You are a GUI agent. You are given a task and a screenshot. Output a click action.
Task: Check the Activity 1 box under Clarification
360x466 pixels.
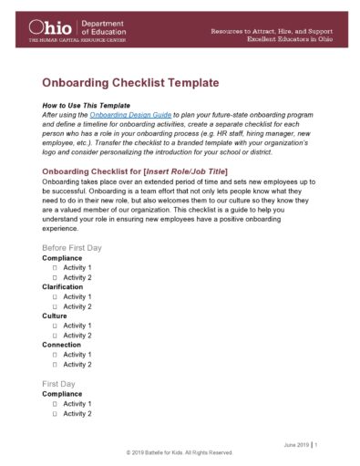point(56,297)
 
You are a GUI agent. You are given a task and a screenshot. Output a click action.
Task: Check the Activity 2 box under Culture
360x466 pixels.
point(56,336)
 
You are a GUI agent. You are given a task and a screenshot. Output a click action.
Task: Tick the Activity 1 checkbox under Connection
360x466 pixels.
point(56,355)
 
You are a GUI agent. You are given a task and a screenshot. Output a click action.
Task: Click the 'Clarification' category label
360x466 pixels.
point(64,286)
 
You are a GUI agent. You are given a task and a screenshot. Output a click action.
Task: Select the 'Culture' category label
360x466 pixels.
point(55,316)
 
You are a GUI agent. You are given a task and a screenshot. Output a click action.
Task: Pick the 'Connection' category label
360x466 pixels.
point(63,345)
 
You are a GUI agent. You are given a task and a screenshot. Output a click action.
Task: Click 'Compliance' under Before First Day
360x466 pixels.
point(63,258)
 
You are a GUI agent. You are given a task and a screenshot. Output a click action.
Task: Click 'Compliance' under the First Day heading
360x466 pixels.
point(63,394)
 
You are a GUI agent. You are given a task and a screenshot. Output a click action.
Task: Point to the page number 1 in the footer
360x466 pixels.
point(316,444)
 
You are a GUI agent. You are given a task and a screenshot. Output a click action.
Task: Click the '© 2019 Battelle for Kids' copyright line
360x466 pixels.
point(180,453)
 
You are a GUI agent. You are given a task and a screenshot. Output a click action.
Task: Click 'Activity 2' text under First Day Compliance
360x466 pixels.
point(77,414)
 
